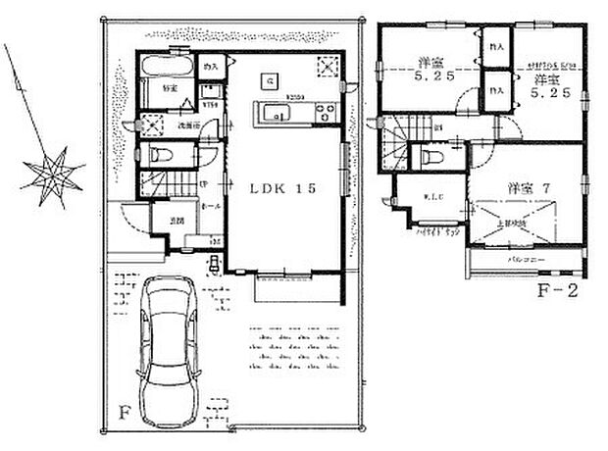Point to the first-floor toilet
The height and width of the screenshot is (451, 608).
(x=161, y=155)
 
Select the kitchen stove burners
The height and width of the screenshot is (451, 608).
(x=324, y=114)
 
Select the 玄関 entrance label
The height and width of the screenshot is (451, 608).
(x=173, y=221)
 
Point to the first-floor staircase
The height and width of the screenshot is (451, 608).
(x=159, y=184)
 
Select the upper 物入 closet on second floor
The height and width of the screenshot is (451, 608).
(x=496, y=46)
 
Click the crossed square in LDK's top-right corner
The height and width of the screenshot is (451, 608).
(x=328, y=65)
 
